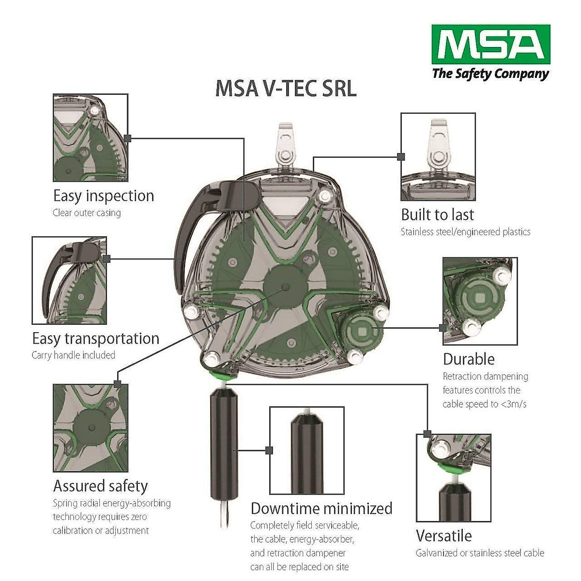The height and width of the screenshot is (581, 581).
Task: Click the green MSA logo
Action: tap(490, 45)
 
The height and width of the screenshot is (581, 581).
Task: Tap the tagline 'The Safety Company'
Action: tap(490, 74)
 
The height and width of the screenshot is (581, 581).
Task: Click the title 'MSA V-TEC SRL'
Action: tap(286, 89)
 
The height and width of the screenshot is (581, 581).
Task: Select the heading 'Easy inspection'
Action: tap(104, 196)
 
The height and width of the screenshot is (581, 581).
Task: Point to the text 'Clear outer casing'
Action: tap(87, 213)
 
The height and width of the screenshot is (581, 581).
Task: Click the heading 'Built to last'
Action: tap(437, 214)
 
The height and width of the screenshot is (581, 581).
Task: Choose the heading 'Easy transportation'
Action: tap(95, 338)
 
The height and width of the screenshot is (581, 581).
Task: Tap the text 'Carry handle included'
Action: tap(73, 355)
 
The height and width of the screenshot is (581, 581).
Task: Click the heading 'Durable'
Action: tap(468, 359)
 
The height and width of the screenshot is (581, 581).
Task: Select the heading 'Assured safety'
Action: tap(100, 486)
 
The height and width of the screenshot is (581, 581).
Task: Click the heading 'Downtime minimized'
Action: tap(321, 508)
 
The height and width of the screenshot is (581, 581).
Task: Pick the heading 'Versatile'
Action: tap(443, 536)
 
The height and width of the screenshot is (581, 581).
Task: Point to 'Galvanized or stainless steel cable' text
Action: tap(480, 553)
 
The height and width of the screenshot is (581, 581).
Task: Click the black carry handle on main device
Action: tap(194, 228)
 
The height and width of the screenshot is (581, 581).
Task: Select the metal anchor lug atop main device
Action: tap(287, 145)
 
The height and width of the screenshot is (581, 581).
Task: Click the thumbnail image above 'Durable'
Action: tap(480, 301)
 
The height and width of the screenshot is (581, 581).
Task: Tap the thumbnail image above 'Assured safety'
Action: tap(91, 428)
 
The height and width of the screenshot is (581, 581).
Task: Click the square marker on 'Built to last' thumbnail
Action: tap(401, 157)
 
